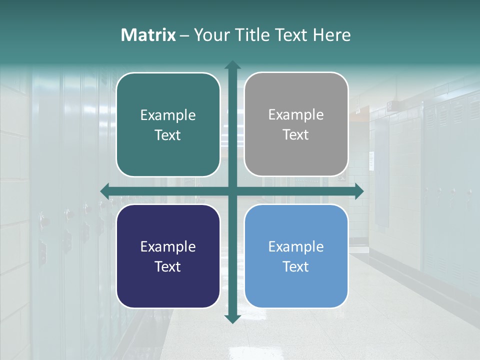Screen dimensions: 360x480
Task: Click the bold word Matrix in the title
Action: click(x=148, y=35)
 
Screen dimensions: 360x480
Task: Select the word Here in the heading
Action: click(x=332, y=35)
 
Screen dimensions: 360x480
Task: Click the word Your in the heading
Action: click(x=209, y=35)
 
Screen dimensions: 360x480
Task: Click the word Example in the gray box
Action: click(x=296, y=115)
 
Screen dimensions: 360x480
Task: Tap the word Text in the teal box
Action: click(x=168, y=135)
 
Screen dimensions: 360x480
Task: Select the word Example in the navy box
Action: click(x=168, y=246)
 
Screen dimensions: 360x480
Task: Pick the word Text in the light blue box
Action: click(x=296, y=267)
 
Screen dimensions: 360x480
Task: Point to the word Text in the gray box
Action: click(x=296, y=135)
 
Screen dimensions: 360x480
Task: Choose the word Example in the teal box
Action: click(x=168, y=115)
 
